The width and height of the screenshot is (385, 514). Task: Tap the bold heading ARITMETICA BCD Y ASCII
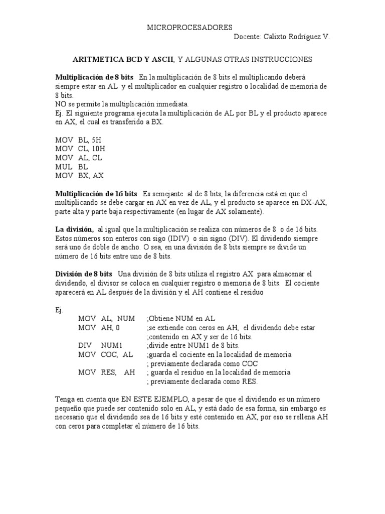click(123, 59)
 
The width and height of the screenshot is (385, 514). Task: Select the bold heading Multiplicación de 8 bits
click(94, 77)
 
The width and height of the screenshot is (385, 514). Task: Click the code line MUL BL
click(72, 167)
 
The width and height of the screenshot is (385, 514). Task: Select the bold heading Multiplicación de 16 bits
click(96, 193)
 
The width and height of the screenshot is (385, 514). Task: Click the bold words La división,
click(74, 229)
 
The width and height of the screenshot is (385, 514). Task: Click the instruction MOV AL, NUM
click(106, 318)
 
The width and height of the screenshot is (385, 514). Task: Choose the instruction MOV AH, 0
click(99, 327)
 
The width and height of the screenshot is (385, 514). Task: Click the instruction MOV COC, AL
click(105, 354)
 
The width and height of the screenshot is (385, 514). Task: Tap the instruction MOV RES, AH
click(106, 372)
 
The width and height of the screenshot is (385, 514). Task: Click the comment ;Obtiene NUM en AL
click(180, 318)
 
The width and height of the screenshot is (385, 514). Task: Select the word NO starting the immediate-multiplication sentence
click(60, 104)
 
